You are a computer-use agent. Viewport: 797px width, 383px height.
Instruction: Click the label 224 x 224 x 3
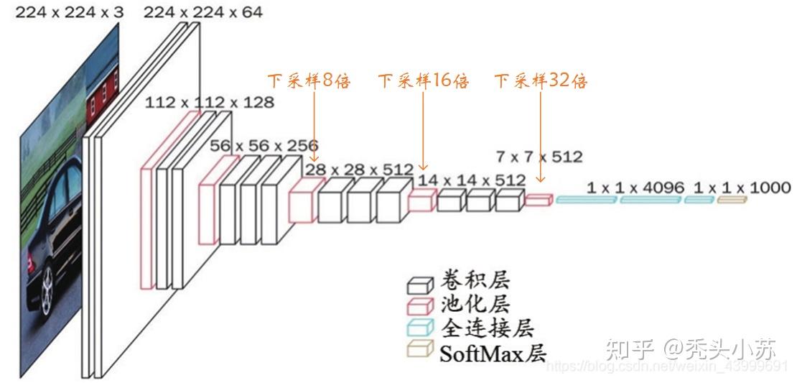pos(70,11)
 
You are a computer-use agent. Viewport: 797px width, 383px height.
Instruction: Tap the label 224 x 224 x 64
pos(203,11)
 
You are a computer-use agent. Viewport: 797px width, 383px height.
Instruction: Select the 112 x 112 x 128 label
pos(209,102)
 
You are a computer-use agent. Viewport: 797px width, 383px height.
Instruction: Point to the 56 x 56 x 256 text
pos(264,145)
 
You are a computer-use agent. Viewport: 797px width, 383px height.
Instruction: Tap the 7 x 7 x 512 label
pos(539,156)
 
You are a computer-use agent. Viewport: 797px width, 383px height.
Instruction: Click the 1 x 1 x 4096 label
pos(635,188)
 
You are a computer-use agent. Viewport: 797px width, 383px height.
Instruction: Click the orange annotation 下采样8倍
pos(309,80)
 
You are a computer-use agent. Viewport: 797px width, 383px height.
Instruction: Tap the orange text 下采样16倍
pos(424,80)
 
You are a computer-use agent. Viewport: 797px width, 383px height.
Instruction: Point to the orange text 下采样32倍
pos(541,80)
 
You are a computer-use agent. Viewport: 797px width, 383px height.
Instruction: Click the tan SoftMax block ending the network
pos(732,199)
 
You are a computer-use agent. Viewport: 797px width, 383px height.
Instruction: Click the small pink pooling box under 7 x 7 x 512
pos(538,200)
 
